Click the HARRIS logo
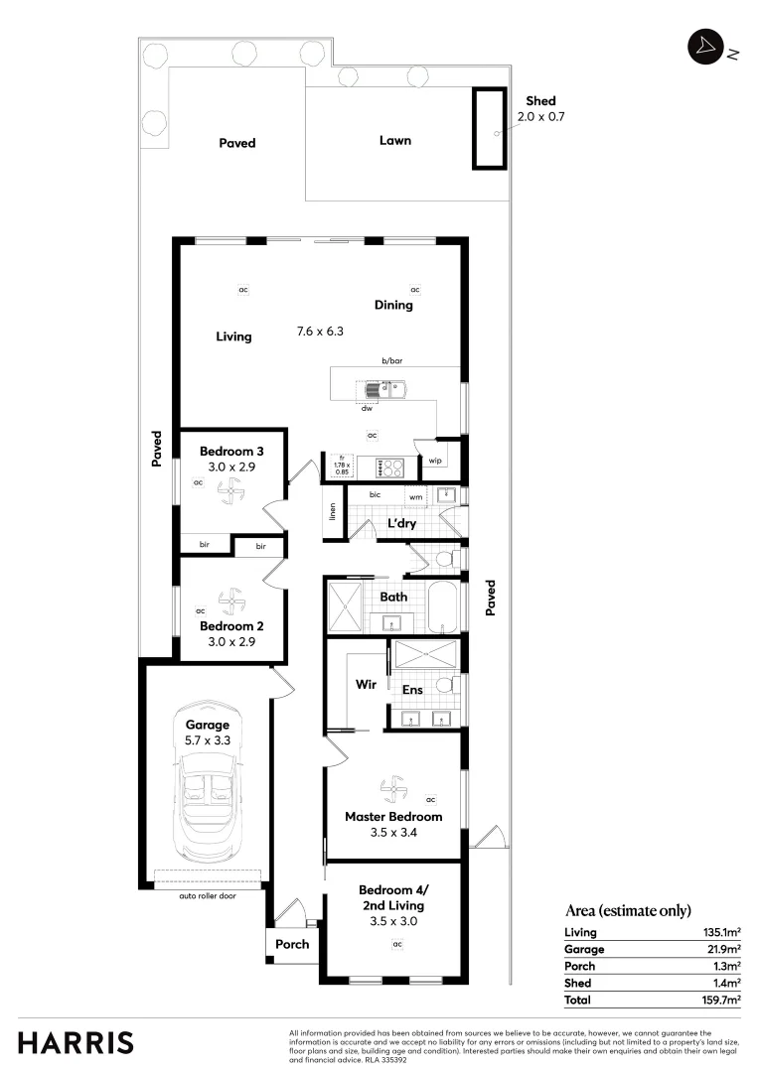pos(76,1042)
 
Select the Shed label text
pos(540,101)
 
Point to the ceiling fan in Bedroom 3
pos(230,489)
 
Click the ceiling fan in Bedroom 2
pos(230,601)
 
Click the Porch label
pos(292,944)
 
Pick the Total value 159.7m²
pos(720,1001)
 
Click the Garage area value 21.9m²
pos(722,949)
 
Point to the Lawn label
pos(394,141)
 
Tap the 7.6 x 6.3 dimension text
pos(321,332)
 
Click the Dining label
pos(393,305)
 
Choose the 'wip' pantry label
pos(434,461)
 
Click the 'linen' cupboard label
pos(333,511)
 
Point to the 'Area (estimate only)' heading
pos(627,910)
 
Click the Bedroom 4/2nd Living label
pos(391,897)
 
